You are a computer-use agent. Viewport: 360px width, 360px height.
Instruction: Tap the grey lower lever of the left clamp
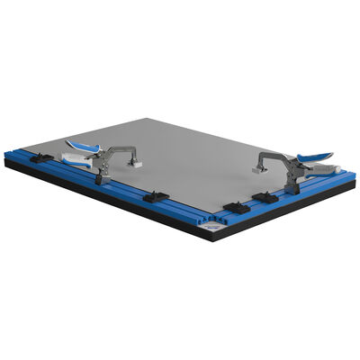76,159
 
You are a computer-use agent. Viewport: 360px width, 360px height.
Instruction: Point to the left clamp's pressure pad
137,165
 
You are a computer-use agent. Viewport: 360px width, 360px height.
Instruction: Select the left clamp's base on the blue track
103,175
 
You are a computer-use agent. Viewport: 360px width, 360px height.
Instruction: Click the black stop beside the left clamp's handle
40,157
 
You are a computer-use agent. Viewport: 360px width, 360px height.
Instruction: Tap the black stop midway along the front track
156,194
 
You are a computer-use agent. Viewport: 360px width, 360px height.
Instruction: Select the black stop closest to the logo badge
235,208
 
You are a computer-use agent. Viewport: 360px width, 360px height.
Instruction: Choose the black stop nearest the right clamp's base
265,196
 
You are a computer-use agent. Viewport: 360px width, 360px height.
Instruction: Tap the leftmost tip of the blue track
5,156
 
